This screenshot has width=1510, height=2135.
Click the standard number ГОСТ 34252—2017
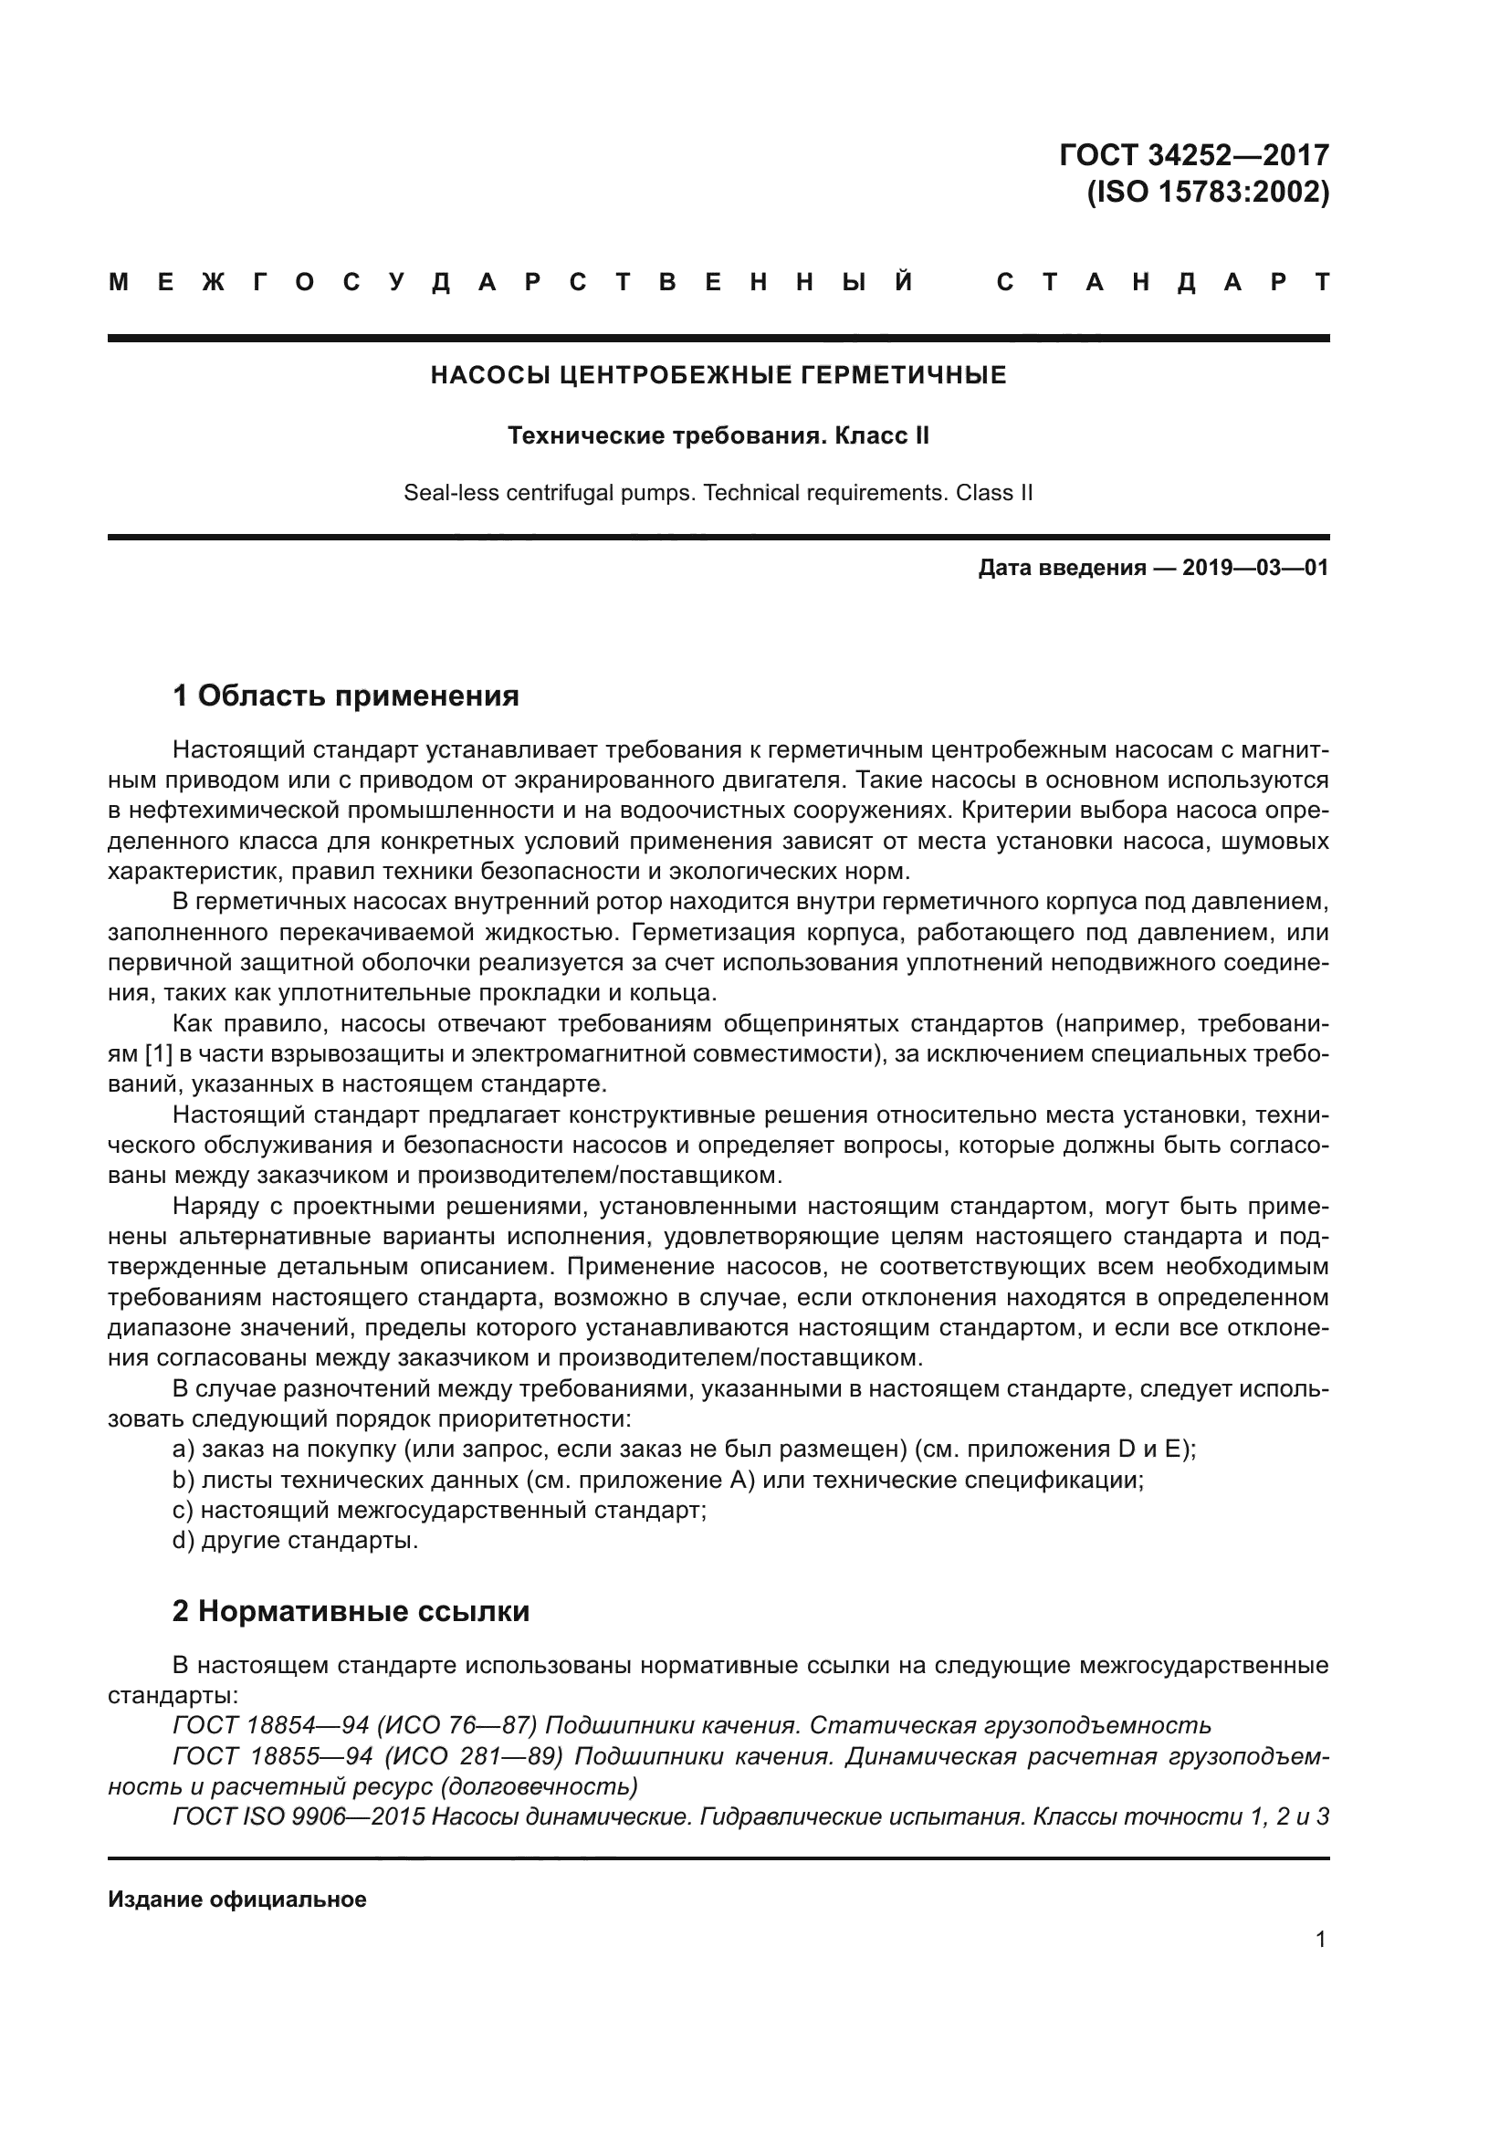click(1194, 154)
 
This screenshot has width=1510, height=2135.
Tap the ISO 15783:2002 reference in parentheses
click(1208, 193)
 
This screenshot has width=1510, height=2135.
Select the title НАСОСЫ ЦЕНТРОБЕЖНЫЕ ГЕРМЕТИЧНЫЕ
click(718, 376)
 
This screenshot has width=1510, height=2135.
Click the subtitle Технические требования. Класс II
click(718, 436)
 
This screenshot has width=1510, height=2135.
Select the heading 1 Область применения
click(345, 696)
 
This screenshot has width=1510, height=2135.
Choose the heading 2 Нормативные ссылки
click(351, 1611)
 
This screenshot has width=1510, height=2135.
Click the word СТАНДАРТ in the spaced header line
click(1162, 283)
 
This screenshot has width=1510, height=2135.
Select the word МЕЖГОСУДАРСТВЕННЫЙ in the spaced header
click(511, 283)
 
